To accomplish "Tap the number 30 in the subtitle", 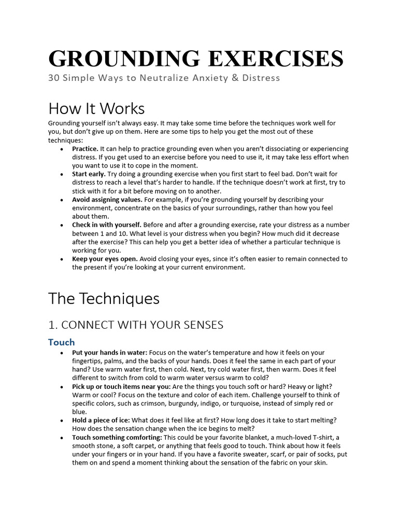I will click(x=53, y=78).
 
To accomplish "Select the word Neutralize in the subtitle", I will click(x=166, y=78).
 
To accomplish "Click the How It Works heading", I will click(x=96, y=108).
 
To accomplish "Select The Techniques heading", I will click(x=104, y=299).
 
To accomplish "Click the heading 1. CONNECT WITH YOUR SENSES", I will click(x=136, y=325).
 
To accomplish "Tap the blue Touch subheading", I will click(x=61, y=342).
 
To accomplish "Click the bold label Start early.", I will click(x=89, y=174).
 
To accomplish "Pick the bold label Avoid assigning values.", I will click(x=107, y=199).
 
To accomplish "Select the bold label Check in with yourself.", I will click(x=107, y=225).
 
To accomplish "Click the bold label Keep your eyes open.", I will click(x=105, y=259).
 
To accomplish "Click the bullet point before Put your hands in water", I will click(x=62, y=353).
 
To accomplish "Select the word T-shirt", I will click(x=321, y=438).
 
